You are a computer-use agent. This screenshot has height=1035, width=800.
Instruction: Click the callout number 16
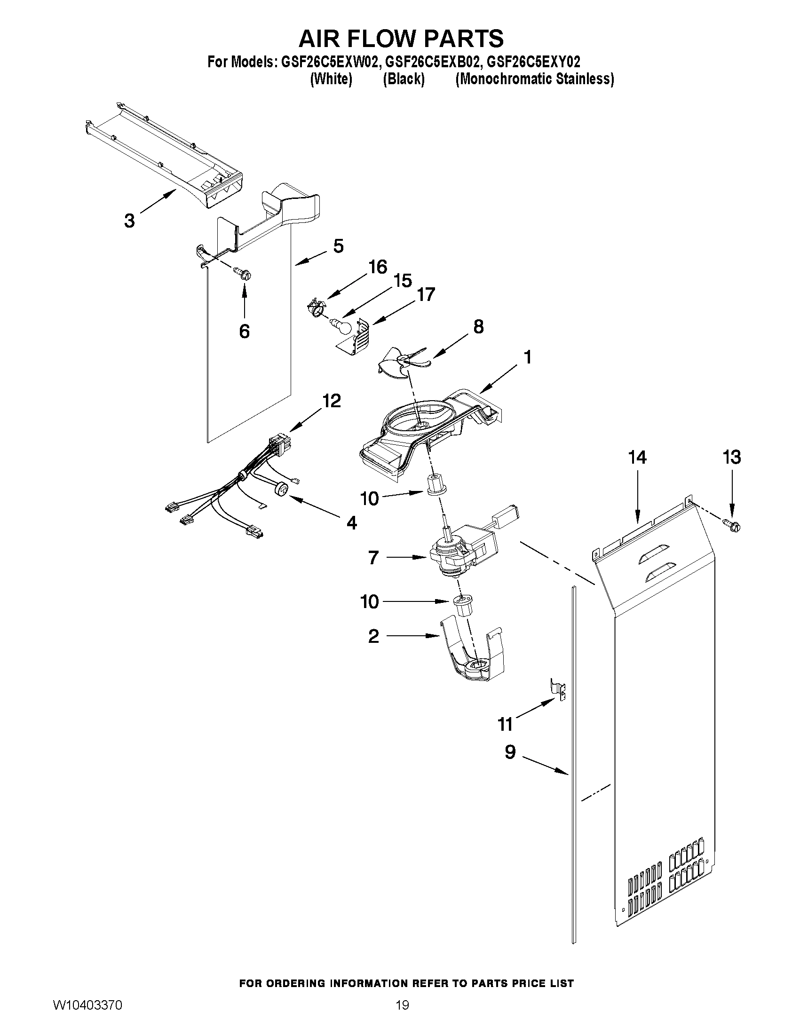[x=378, y=267]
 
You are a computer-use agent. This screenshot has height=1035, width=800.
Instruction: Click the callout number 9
[x=510, y=751]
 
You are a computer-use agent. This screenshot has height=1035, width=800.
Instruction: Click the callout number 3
[x=129, y=221]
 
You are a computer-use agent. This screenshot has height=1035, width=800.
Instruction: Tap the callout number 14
[x=637, y=458]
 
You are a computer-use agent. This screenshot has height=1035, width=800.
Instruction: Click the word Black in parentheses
[x=404, y=79]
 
